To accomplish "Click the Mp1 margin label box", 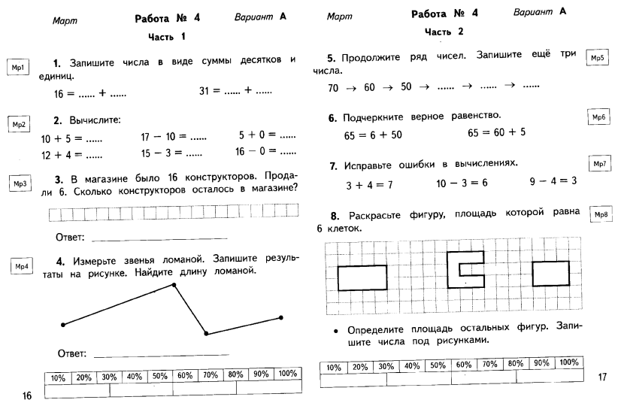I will tap(17, 68).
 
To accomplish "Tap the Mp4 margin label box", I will tap(22, 266).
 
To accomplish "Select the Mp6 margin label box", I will tap(598, 117).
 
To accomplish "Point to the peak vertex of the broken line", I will tap(174, 285).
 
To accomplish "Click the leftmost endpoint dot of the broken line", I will tap(63, 325).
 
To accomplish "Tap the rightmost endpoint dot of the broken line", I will tap(280, 318).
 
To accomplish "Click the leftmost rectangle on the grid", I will tap(362, 277).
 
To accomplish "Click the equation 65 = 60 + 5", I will tap(497, 133).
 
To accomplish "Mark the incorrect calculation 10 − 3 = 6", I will tap(462, 183).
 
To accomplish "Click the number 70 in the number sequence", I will tap(335, 88).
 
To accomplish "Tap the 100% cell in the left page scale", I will tap(287, 374).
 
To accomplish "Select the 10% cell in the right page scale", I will tap(335, 368).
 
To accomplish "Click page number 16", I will tap(27, 395).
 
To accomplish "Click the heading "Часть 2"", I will tap(444, 32).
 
